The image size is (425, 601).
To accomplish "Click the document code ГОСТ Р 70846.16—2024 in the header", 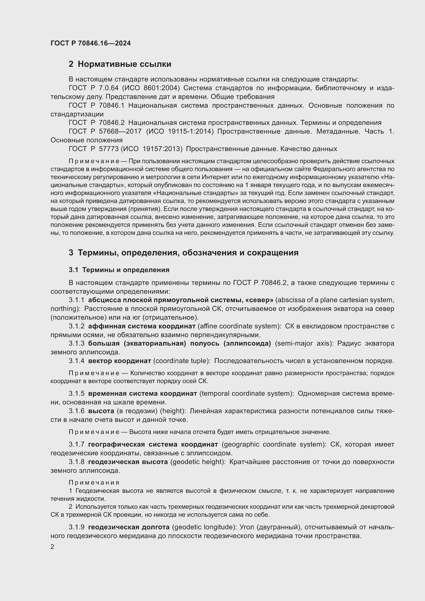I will pos(90,43).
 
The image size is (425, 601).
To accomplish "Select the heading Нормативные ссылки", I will pos(124,64).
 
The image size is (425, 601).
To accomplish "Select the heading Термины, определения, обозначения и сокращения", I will pos(188,253).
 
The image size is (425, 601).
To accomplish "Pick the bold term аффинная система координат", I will pos(142,326).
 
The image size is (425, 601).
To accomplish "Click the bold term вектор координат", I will pos(119,361).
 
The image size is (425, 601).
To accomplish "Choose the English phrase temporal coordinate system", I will pos(245,394).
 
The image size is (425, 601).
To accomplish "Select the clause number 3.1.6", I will pos(76,411).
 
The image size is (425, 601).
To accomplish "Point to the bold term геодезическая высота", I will pos(128,462).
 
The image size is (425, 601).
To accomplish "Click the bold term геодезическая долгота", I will pos(129,527).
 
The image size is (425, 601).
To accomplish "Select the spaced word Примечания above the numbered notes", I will pos(94,483).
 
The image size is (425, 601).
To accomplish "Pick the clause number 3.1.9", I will pos(76,527).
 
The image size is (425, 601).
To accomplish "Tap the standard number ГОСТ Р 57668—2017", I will pos(105,131).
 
